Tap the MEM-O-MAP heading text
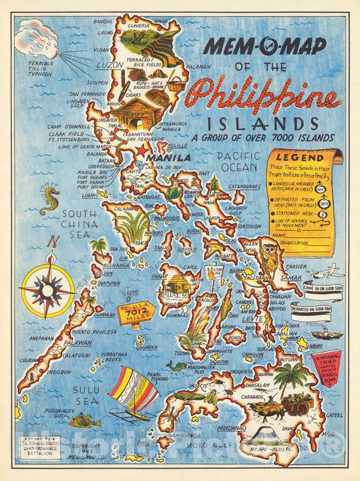point(265,46)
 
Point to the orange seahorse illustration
point(49,200)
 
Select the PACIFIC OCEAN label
point(238,161)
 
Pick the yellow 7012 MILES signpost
point(136,313)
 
